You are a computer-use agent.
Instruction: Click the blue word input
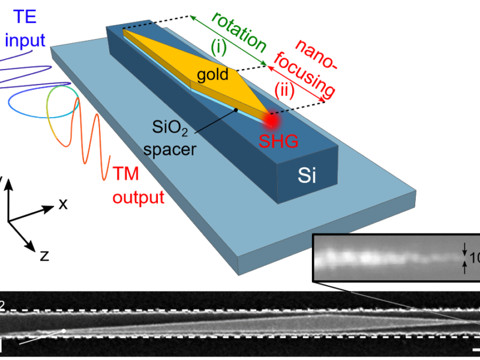(25, 40)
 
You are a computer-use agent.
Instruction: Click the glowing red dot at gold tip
(272, 119)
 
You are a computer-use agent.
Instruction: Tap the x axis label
(62, 205)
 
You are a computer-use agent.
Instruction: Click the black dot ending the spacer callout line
(237, 110)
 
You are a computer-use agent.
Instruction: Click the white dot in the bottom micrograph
(64, 331)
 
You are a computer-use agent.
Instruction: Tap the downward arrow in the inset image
(464, 248)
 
